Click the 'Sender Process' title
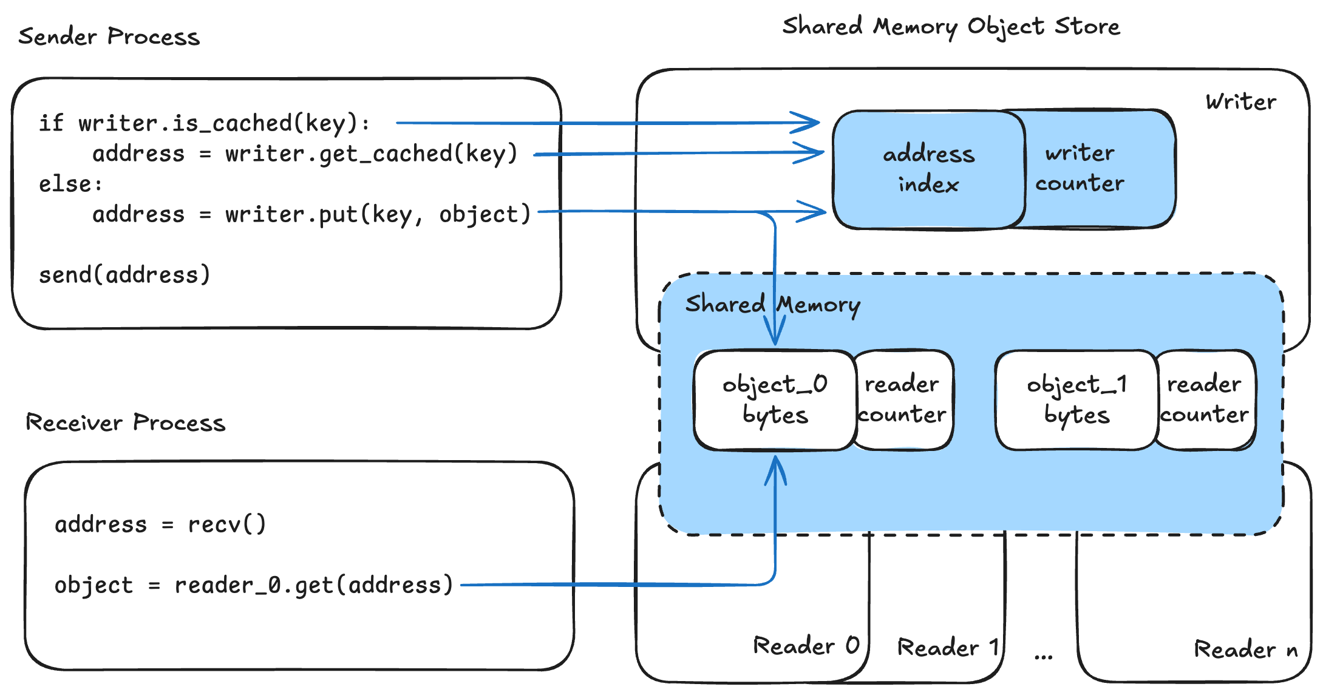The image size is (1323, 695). tap(109, 36)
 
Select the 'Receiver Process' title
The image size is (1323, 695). tap(125, 422)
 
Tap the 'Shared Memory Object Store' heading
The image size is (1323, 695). tap(951, 27)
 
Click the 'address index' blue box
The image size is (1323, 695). tap(928, 169)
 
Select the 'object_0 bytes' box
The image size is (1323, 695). tap(774, 400)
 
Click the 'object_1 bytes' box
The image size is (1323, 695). tap(1076, 400)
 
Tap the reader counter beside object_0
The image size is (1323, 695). tap(903, 399)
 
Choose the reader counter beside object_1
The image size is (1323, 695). tap(1205, 399)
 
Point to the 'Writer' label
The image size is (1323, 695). tap(1240, 102)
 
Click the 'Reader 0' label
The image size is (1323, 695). tap(806, 645)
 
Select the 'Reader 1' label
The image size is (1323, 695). tap(948, 648)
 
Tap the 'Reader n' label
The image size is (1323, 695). tap(1245, 649)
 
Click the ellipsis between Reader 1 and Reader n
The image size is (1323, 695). tap(1044, 656)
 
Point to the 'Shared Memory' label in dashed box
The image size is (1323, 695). tap(772, 304)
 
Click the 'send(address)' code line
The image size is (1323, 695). tap(124, 275)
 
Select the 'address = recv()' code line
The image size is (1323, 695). tap(160, 524)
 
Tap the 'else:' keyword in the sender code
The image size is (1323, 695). tap(70, 184)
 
